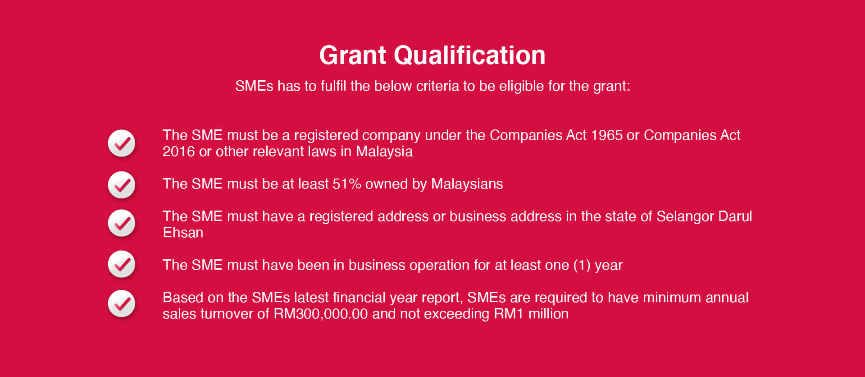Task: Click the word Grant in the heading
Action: point(353,55)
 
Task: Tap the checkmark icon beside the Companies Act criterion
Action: point(122,143)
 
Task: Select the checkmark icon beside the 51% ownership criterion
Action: point(122,184)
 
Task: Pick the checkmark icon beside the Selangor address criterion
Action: point(122,223)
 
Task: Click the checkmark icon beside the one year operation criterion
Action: point(122,264)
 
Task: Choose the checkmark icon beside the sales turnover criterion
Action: point(122,303)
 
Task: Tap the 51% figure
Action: point(347,184)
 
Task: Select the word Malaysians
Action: point(467,184)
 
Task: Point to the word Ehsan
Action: point(183,233)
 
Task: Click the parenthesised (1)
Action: point(582,265)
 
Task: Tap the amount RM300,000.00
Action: point(321,314)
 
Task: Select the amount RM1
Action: point(509,314)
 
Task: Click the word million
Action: point(548,314)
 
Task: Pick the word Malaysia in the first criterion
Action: point(384,152)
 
